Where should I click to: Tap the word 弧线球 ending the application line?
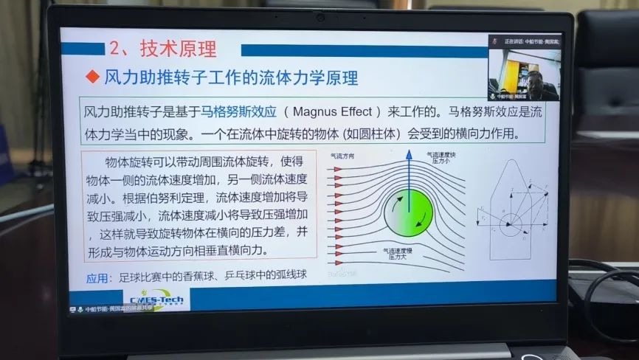click(x=291, y=277)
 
